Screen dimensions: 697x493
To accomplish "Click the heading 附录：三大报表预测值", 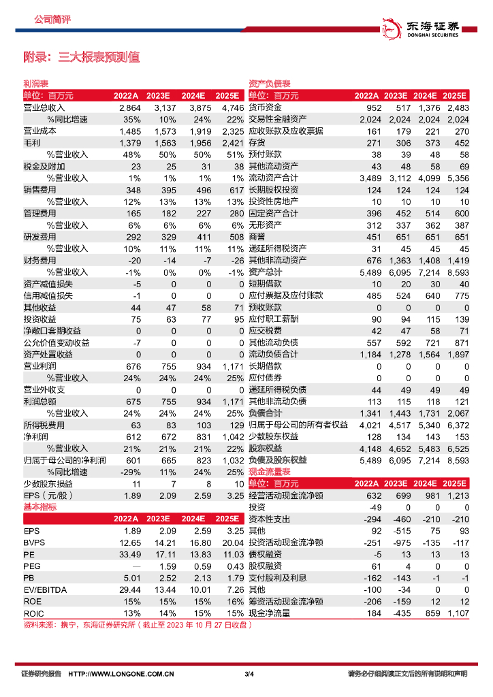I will pos(82,57).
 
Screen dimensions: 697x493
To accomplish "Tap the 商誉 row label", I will pos(256,237).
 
